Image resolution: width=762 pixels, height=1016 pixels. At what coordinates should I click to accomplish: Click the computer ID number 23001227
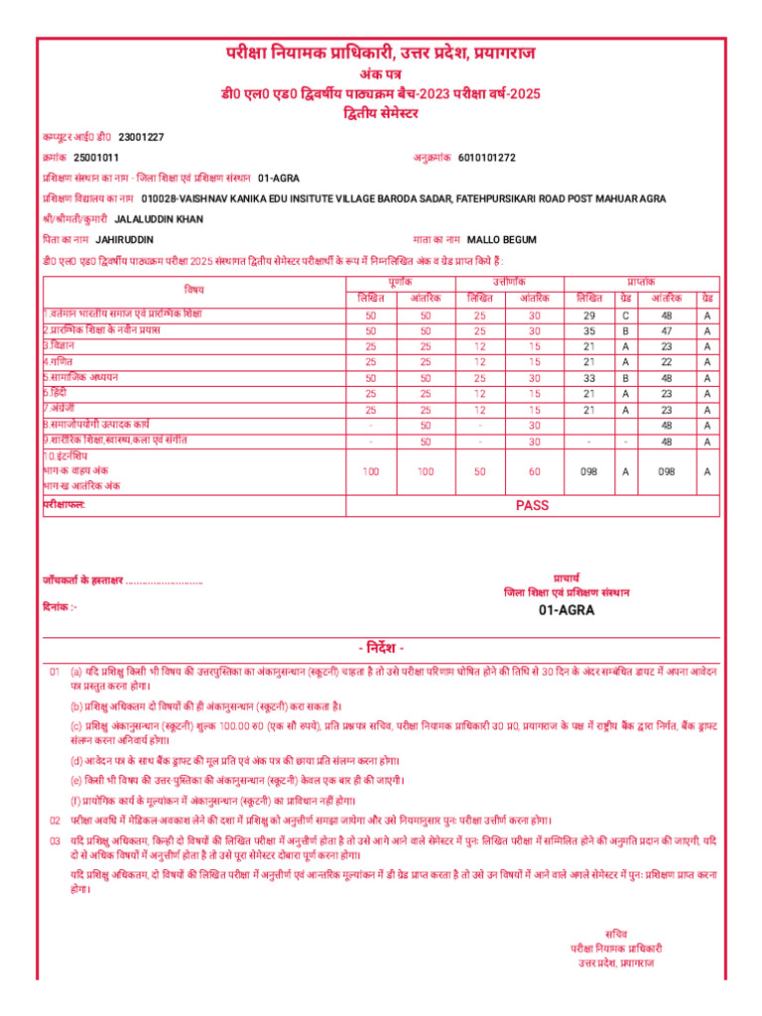tap(141, 137)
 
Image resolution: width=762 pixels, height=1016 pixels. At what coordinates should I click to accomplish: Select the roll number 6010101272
tap(487, 158)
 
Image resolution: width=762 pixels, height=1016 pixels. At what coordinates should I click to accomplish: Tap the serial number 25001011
tap(96, 158)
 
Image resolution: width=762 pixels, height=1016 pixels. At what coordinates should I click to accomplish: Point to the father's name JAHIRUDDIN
tap(125, 240)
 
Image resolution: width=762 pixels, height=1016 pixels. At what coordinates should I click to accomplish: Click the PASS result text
tap(532, 505)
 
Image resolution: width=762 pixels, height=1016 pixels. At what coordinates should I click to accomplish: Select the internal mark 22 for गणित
tap(666, 362)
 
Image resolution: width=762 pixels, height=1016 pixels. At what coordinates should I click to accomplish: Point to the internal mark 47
tap(666, 330)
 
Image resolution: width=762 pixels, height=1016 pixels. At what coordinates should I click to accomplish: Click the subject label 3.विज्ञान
tap(59, 346)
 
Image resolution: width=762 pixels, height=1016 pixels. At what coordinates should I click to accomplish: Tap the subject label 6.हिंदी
tap(59, 394)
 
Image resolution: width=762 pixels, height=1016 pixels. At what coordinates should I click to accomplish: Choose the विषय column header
tap(193, 289)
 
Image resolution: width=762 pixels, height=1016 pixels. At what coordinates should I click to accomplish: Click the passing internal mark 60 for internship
tap(535, 472)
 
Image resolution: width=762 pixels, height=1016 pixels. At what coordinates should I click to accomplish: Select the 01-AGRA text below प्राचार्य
tap(567, 610)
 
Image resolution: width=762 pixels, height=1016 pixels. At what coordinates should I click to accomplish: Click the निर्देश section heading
tap(381, 647)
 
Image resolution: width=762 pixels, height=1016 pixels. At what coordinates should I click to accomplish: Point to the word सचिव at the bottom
tap(616, 933)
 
